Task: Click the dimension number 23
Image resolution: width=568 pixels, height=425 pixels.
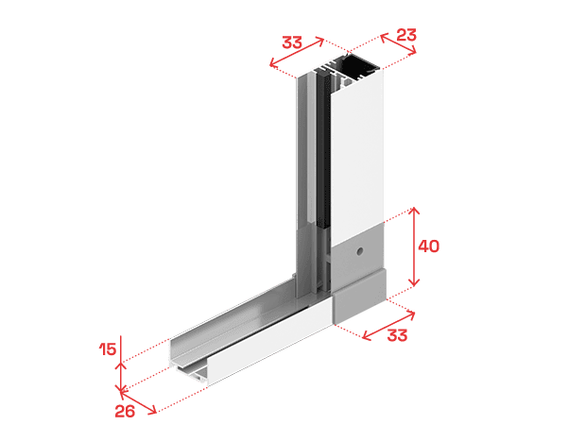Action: pos(406,35)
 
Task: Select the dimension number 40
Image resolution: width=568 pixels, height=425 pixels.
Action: pos(429,246)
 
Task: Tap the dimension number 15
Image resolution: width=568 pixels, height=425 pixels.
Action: pos(108,349)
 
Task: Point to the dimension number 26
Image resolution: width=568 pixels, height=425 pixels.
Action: pos(125,411)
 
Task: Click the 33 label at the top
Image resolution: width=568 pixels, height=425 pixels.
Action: pos(292,42)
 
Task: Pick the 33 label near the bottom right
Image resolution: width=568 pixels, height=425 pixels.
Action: pos(397,335)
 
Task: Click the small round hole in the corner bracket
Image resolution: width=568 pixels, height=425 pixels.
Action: pos(359,251)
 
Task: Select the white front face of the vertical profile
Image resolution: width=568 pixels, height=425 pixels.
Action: pos(357,152)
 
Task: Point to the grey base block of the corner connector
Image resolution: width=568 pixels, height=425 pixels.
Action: pos(359,297)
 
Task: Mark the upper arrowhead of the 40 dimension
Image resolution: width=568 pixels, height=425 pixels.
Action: pos(414,211)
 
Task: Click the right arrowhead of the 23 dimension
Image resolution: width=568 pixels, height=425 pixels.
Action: pos(413,52)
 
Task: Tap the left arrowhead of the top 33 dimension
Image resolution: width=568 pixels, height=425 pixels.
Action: pos(272,64)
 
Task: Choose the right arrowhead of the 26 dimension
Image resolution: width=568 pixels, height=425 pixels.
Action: pos(153,410)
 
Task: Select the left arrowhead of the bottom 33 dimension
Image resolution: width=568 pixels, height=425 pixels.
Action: pos(365,336)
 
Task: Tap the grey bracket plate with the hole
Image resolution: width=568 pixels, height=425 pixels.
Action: pos(357,253)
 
